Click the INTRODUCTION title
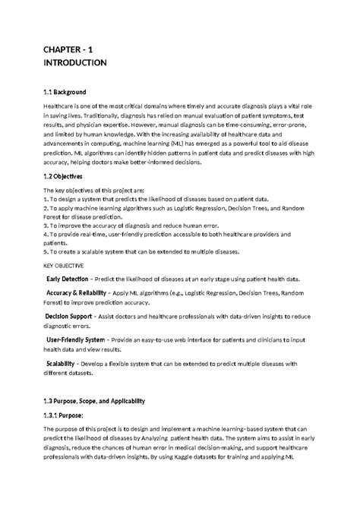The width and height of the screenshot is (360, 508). (x=74, y=63)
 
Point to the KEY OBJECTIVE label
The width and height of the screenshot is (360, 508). (x=64, y=267)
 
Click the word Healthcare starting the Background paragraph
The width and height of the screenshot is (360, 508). (x=59, y=109)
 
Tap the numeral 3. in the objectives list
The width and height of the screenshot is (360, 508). (x=46, y=226)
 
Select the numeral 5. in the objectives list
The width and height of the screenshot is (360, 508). (x=46, y=251)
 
